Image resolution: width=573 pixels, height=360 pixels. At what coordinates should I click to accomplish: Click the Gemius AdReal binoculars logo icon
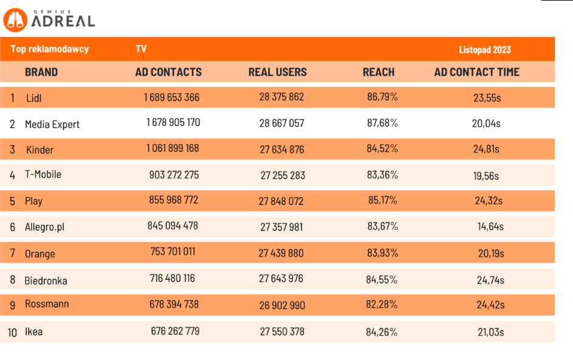(15, 20)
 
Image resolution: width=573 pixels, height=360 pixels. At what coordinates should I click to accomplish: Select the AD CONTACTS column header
(168, 72)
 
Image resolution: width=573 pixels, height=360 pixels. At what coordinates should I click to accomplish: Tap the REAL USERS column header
(278, 72)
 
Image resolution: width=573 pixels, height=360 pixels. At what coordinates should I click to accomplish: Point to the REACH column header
(379, 72)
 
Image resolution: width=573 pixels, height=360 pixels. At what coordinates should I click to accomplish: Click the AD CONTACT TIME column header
(477, 72)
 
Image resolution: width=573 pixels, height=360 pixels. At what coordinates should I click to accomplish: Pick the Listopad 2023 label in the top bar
(485, 50)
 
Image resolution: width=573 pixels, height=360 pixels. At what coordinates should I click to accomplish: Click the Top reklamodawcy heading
(50, 49)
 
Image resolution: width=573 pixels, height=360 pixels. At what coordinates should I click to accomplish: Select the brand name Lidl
(33, 97)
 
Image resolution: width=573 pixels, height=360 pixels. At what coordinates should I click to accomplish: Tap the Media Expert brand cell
(52, 124)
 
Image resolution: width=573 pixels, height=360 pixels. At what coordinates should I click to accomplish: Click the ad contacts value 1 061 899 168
(171, 148)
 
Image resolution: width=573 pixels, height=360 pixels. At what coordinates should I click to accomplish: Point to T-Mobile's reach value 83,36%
(382, 175)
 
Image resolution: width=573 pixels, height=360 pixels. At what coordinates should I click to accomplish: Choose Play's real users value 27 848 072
(281, 201)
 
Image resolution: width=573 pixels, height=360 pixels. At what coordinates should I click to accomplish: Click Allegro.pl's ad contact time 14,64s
(490, 227)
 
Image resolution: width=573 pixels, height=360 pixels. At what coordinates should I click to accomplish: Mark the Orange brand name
(39, 254)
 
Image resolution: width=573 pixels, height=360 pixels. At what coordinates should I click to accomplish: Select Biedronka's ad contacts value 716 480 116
(173, 279)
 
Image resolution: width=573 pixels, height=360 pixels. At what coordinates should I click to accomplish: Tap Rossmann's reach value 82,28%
(382, 305)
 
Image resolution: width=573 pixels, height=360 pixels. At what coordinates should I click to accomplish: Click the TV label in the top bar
(141, 49)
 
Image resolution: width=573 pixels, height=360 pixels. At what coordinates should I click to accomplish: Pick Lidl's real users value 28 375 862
(281, 97)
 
